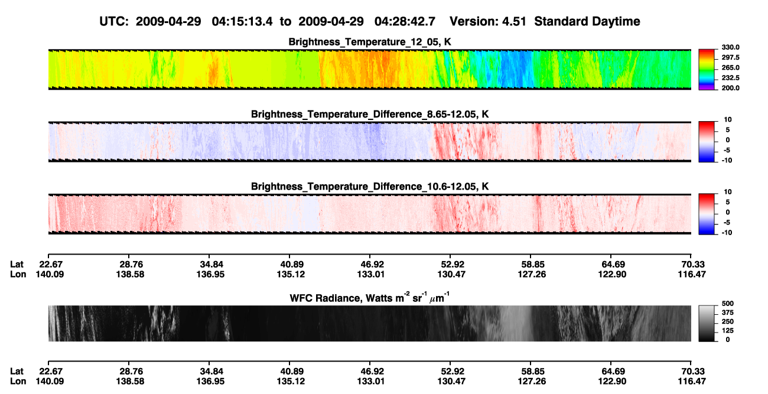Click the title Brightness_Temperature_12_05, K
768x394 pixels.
(370, 42)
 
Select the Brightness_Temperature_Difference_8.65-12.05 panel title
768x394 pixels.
(370, 114)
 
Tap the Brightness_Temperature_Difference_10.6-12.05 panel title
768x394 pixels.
(370, 187)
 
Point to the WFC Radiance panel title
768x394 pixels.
(370, 297)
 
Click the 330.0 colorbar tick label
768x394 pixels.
(730, 47)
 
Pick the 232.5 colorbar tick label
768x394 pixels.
(730, 78)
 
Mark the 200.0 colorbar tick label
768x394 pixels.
(730, 88)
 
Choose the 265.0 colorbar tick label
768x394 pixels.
(730, 67)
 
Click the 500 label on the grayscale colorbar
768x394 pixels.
(728, 304)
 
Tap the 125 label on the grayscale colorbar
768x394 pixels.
(728, 331)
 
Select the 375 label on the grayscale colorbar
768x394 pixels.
(728, 312)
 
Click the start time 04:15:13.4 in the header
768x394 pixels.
(242, 22)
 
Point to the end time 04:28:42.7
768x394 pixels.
(405, 22)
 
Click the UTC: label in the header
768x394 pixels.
(114, 22)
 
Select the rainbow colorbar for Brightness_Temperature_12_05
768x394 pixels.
(707, 70)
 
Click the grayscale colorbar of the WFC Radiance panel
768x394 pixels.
(707, 323)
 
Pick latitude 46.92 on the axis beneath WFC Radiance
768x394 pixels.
(370, 372)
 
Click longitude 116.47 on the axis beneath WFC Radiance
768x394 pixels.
(692, 382)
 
